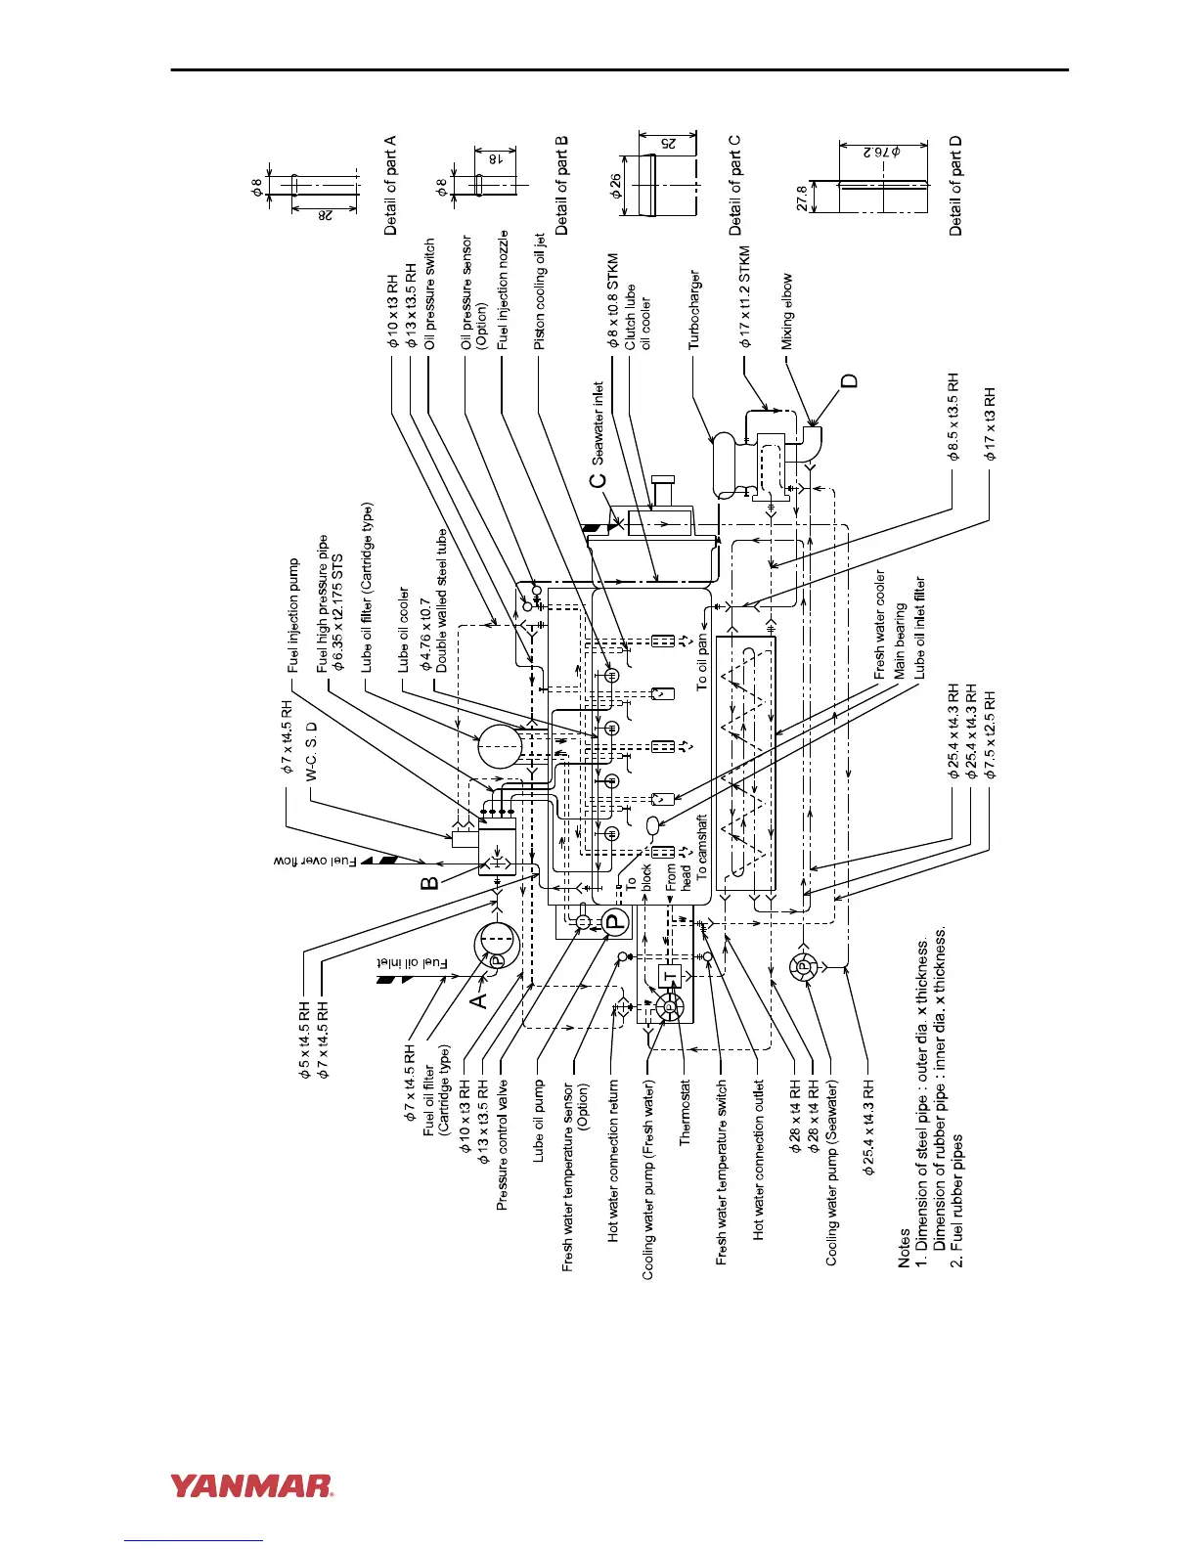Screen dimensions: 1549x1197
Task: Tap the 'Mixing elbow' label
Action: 787,311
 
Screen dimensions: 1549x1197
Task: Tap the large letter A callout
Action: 478,1000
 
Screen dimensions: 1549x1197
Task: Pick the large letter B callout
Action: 429,883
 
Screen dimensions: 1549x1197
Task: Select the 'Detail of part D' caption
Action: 955,186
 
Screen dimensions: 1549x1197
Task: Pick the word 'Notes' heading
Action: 905,1248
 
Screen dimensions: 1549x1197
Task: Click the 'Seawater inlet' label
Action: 598,422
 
